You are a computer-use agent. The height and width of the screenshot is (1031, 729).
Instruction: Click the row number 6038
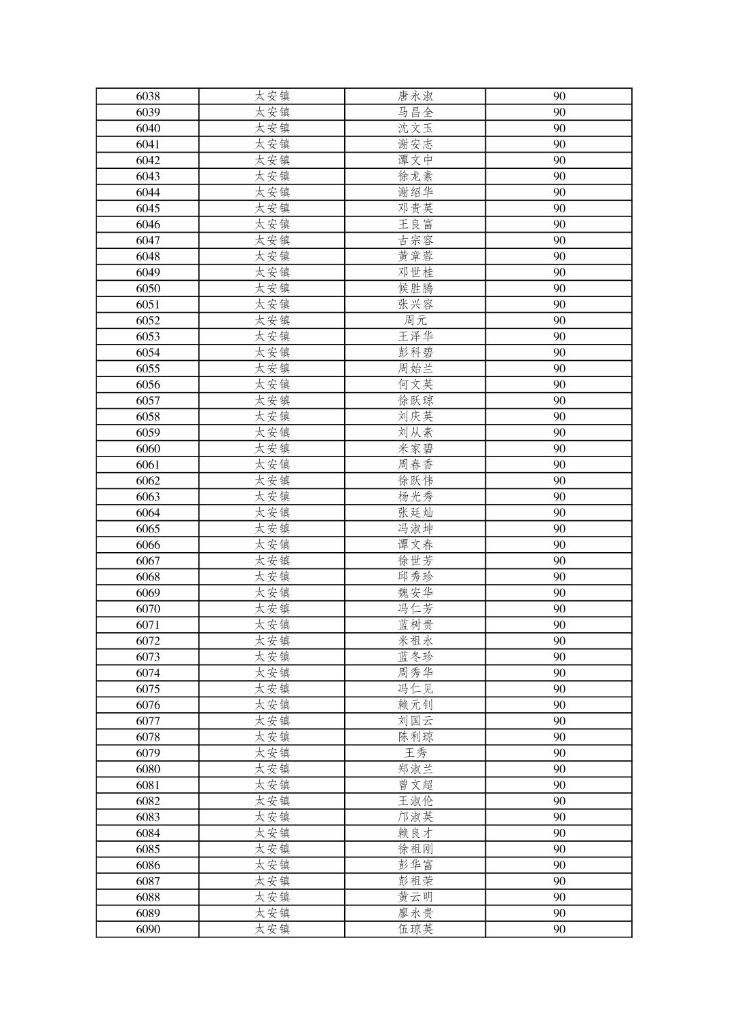148,96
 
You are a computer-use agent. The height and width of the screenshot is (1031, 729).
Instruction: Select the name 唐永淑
415,96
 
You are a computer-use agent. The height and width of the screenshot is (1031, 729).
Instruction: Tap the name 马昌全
415,113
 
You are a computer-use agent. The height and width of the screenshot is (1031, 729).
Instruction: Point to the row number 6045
148,208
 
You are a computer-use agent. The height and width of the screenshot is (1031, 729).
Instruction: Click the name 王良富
415,225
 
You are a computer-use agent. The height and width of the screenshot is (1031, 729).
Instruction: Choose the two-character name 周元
415,321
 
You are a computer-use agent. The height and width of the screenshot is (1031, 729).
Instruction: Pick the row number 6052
148,321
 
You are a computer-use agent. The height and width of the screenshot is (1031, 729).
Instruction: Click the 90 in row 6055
559,369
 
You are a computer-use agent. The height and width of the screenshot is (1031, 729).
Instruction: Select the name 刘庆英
415,417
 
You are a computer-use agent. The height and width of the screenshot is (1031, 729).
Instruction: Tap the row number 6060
148,449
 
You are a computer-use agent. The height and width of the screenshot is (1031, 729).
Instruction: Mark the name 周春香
415,465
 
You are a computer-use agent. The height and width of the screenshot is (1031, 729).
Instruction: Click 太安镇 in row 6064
272,513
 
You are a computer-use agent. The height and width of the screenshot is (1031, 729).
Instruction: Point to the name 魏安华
415,593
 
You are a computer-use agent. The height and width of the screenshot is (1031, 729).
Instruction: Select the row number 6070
148,609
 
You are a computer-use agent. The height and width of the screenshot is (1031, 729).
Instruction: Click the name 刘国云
415,721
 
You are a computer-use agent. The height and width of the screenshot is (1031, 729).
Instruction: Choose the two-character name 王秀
415,753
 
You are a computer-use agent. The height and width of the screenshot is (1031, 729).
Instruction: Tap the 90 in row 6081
559,785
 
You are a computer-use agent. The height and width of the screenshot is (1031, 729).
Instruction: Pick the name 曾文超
415,785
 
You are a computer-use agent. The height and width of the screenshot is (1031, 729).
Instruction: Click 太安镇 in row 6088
272,897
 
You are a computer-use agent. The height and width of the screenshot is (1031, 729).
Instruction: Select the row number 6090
148,929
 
